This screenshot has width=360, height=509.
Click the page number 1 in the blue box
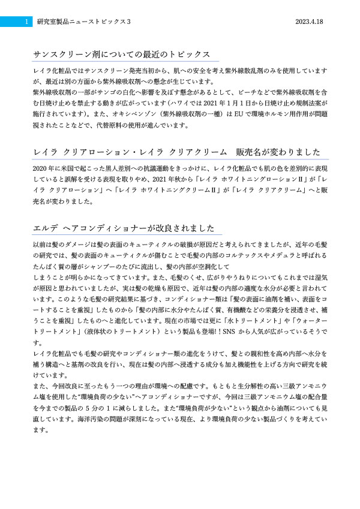click(x=26, y=21)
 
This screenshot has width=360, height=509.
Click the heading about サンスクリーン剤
click(x=122, y=54)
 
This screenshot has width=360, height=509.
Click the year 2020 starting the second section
click(x=40, y=169)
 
